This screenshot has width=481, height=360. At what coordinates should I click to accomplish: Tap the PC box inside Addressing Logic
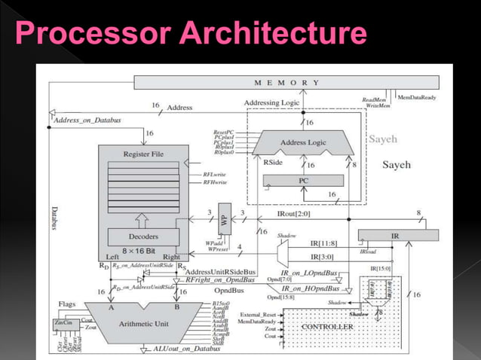point(304,181)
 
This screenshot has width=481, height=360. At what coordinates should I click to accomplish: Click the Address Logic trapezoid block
point(304,142)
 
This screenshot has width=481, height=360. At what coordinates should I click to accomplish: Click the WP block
point(223,220)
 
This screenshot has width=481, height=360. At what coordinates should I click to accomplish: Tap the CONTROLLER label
point(327,327)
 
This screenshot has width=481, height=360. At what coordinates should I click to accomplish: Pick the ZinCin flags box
point(63,323)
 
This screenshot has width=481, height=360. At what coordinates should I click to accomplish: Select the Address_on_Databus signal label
point(87,120)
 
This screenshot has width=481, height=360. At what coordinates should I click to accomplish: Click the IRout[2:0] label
point(293,214)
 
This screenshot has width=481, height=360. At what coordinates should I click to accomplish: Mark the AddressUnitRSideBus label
point(221,270)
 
